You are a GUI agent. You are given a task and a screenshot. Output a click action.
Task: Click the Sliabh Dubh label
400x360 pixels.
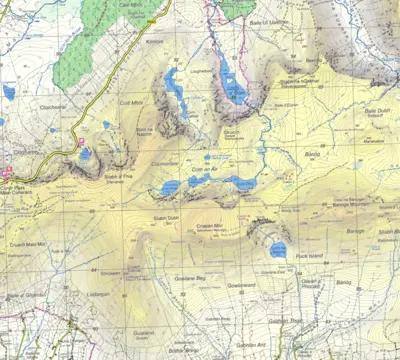pos(166,217)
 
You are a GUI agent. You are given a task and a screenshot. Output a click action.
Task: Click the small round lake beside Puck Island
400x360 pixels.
pos(278,250)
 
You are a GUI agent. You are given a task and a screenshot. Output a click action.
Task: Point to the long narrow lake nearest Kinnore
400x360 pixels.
pos(177,86)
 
